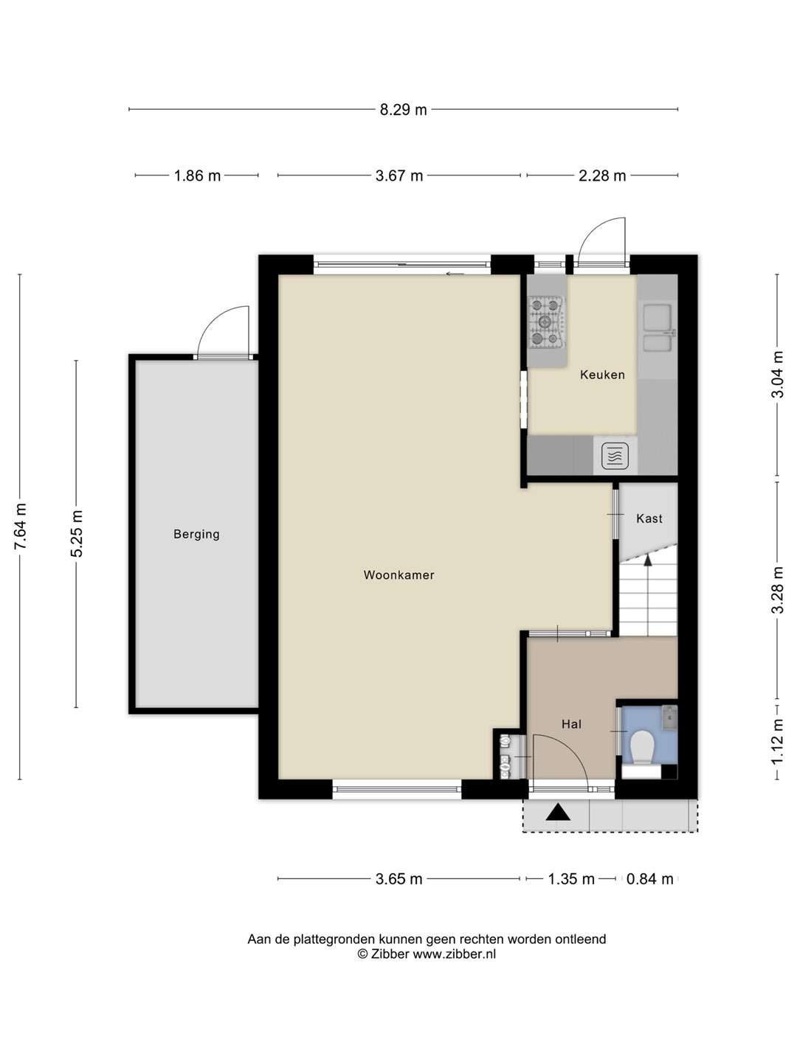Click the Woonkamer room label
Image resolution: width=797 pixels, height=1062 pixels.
tap(398, 575)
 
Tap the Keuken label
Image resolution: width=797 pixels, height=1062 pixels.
tap(602, 375)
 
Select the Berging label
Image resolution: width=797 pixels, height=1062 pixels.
tap(196, 535)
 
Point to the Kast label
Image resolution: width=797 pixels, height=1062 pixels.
tap(649, 518)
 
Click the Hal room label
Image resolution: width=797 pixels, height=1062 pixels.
tap(571, 723)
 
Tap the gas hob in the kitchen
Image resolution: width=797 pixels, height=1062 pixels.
tap(547, 322)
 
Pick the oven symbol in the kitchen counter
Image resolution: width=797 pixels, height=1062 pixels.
tap(615, 457)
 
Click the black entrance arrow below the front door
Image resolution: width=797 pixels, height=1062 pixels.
tap(558, 812)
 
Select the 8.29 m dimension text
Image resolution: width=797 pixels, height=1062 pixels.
tap(403, 110)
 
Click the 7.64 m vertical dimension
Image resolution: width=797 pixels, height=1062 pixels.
tap(21, 526)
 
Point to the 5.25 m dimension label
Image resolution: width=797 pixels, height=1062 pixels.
tap(77, 534)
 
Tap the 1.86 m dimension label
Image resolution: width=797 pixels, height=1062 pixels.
tap(197, 176)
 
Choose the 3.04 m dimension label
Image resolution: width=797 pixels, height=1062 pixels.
tap(777, 374)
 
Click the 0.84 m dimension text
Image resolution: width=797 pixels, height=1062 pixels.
tap(650, 878)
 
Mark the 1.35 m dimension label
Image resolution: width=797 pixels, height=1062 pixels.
tap(571, 878)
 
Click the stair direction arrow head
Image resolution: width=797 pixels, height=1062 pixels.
tap(647, 560)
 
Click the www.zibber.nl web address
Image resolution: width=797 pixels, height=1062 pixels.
tap(454, 954)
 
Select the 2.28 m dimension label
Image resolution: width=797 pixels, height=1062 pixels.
tap(602, 176)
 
